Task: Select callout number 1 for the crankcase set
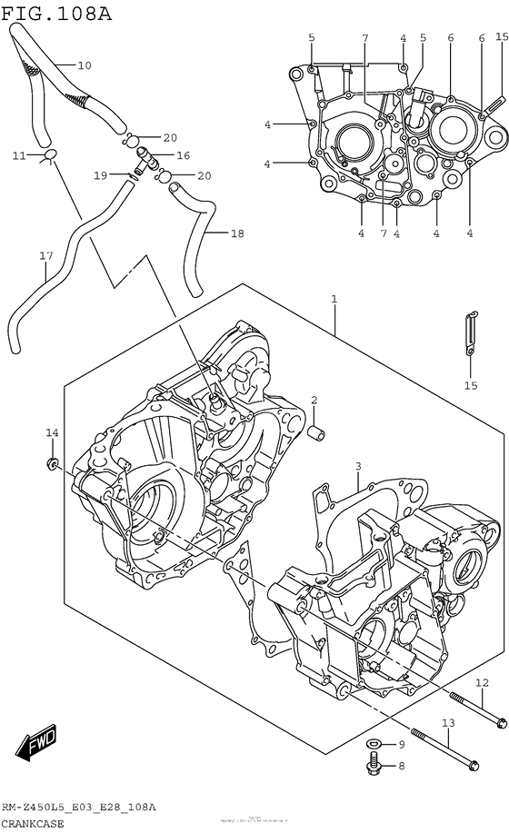point(334,299)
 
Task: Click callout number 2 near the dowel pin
point(314,401)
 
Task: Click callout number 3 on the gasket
point(358,466)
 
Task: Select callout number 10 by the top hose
point(85,65)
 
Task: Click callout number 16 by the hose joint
point(182,155)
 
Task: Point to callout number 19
point(100,174)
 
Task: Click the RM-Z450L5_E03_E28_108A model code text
point(78,807)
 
